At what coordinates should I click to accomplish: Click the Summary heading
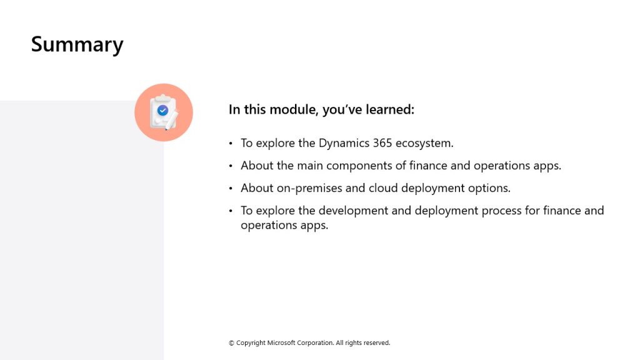click(x=77, y=44)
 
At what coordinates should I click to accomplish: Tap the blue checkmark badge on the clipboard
click(x=163, y=110)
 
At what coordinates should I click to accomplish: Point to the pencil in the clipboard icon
click(x=171, y=121)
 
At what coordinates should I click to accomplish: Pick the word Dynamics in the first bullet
click(x=344, y=144)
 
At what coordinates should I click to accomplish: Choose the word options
click(x=489, y=188)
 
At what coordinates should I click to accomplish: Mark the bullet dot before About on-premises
click(x=231, y=188)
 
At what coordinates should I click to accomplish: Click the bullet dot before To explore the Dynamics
click(x=231, y=143)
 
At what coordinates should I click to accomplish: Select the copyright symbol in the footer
click(x=231, y=343)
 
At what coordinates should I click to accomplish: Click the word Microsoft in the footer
click(x=281, y=343)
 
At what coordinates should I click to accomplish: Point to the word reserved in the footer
click(x=376, y=343)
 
